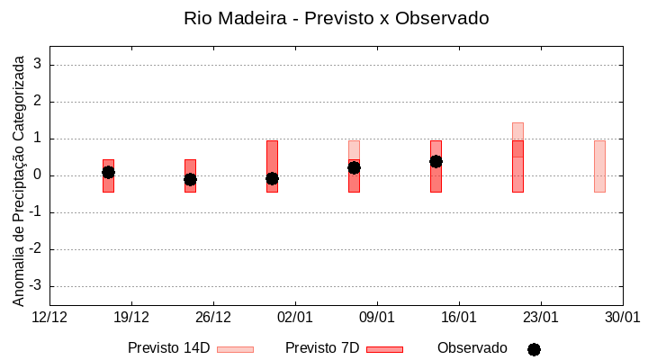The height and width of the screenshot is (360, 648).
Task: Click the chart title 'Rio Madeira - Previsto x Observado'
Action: pos(336,18)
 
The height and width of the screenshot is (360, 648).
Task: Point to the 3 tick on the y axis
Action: pos(39,65)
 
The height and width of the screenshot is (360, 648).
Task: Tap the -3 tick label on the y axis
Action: pos(37,286)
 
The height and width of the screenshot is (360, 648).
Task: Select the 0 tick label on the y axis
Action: pos(39,175)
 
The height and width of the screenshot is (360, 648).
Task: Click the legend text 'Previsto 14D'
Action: pos(169,348)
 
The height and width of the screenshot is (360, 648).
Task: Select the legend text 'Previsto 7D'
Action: pos(322,348)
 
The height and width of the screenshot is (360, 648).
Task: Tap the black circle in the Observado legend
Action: pos(534,349)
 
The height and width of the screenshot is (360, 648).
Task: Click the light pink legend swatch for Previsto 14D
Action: pos(236,349)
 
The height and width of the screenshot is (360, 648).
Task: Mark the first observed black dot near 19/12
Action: pos(108,172)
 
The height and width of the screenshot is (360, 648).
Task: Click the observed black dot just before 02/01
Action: pos(272,178)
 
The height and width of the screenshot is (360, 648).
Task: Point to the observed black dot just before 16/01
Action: pos(436,161)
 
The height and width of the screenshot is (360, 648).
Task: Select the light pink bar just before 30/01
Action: pos(599,166)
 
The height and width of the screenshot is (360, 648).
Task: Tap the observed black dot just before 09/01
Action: pos(354,167)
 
